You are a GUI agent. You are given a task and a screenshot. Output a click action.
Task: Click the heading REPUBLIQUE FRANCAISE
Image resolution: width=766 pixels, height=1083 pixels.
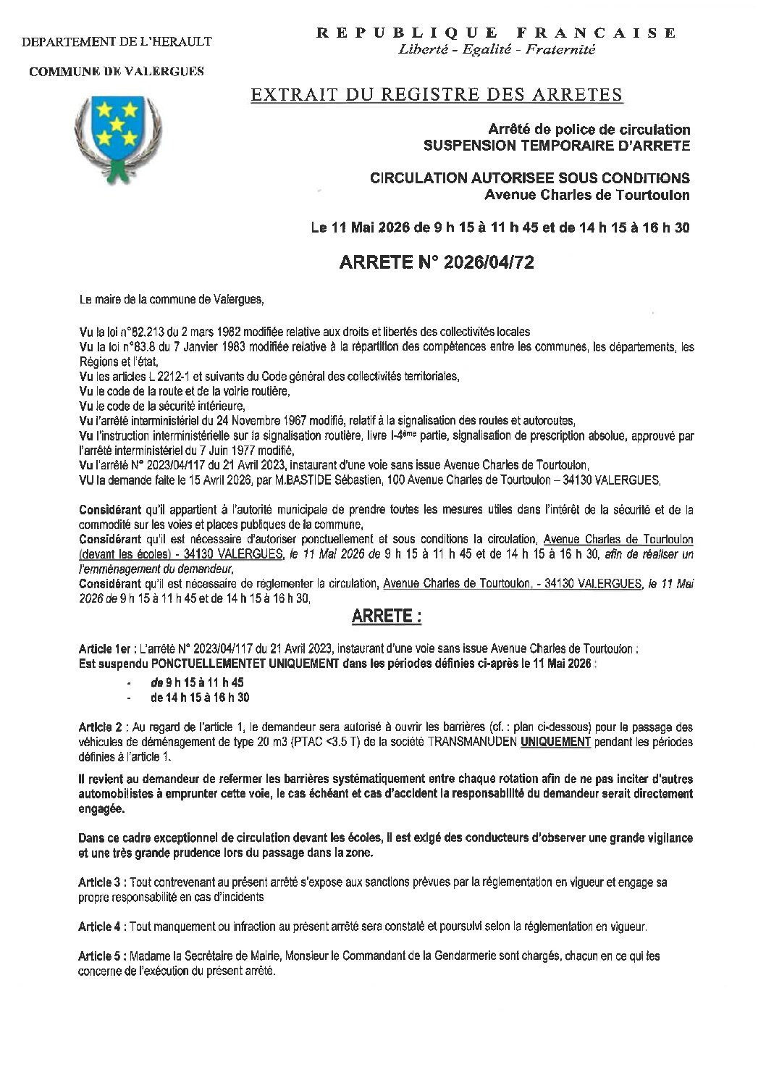(x=497, y=33)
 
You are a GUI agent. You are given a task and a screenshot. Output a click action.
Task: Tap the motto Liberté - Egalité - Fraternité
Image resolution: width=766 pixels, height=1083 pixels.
(x=497, y=49)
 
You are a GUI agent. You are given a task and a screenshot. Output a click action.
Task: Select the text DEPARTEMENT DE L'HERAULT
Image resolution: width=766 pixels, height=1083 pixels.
(x=117, y=41)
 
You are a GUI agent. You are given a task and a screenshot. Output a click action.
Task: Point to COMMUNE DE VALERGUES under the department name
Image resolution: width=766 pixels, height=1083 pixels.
(x=117, y=71)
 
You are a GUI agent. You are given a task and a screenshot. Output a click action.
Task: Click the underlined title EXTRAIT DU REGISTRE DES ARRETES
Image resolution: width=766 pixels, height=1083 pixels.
(x=436, y=94)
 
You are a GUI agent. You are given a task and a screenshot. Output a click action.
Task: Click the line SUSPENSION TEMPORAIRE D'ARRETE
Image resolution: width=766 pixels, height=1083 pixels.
(x=556, y=145)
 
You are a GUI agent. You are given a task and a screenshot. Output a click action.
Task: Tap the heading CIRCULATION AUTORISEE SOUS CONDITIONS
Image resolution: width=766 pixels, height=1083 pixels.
(x=529, y=178)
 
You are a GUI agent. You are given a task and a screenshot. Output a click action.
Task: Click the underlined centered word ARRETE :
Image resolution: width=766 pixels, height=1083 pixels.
(x=386, y=616)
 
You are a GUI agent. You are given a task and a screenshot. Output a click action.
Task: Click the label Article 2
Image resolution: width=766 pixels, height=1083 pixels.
(x=100, y=727)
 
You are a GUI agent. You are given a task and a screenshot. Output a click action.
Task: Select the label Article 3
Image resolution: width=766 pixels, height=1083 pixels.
(x=100, y=882)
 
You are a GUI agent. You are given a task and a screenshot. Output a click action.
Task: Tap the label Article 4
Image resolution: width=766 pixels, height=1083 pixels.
(x=100, y=927)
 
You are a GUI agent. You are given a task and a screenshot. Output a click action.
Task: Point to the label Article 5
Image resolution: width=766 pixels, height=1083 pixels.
(x=100, y=956)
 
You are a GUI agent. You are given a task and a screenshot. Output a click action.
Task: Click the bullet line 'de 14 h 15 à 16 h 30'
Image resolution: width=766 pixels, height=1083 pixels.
(x=200, y=698)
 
